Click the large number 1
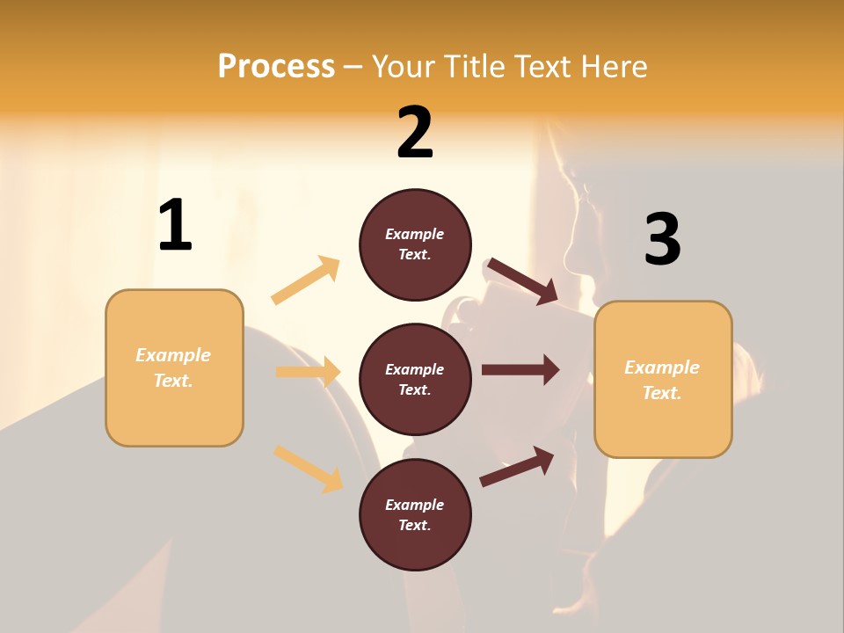coord(175,226)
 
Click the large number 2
coord(415,133)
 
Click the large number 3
coord(662,239)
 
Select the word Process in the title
coord(276,66)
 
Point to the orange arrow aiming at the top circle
coord(306,280)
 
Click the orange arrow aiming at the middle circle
coord(308,372)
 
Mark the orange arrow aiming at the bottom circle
coord(308,469)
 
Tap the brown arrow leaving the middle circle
coord(520,370)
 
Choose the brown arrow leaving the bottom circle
coord(517,466)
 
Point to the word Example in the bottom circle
coord(415,505)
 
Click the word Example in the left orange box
coord(173,355)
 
